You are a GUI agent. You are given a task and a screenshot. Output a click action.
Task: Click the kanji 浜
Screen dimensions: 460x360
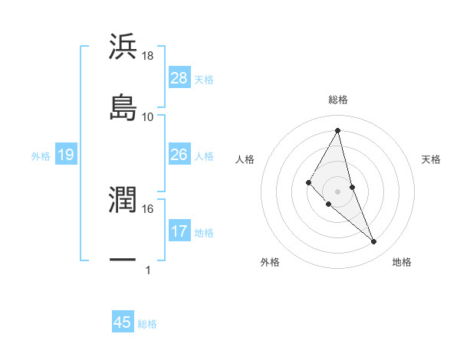(123, 47)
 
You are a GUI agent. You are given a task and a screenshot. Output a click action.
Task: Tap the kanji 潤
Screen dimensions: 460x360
(123, 199)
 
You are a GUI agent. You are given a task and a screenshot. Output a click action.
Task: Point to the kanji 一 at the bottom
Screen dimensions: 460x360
(123, 260)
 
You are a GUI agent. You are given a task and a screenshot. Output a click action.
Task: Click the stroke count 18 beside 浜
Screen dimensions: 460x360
(148, 55)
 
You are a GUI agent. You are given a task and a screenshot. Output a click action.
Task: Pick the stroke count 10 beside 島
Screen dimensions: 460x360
(148, 116)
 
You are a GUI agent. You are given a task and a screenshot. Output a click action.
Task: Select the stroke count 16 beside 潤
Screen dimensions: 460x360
(148, 208)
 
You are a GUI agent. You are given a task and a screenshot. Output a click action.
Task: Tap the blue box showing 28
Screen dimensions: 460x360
(179, 78)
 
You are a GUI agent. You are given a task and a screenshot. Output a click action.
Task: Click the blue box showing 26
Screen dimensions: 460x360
(179, 155)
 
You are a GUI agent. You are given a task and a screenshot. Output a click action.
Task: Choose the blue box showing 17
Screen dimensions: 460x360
(179, 231)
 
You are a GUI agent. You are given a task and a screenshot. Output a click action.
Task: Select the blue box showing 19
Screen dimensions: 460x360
(66, 155)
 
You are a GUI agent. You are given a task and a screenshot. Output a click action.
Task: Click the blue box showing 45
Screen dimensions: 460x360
(123, 322)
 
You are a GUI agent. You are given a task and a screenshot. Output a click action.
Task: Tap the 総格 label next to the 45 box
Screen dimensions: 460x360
(147, 324)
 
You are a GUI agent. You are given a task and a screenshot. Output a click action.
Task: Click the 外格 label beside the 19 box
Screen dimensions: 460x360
(41, 156)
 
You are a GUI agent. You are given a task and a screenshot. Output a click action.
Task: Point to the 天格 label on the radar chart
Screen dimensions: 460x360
(431, 159)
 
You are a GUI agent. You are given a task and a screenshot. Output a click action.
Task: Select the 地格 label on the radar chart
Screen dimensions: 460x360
(402, 262)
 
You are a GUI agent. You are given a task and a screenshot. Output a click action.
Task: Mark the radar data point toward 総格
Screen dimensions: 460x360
(338, 130)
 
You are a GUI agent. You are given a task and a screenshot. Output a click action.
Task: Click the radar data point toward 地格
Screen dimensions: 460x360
(374, 242)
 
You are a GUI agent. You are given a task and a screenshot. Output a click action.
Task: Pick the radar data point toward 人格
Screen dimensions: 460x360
(308, 182)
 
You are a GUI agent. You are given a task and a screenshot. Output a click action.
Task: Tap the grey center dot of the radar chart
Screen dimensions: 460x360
(338, 191)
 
